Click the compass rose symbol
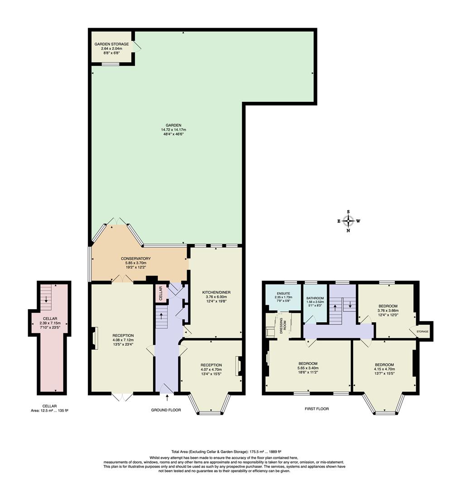(348, 221)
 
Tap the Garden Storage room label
(111, 44)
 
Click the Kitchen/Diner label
(217, 292)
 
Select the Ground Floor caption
(166, 410)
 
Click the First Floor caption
(316, 409)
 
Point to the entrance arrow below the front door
(168, 398)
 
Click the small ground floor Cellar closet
(161, 293)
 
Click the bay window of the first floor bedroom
(383, 404)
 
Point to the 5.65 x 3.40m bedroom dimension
(307, 368)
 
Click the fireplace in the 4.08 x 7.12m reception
(95, 339)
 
